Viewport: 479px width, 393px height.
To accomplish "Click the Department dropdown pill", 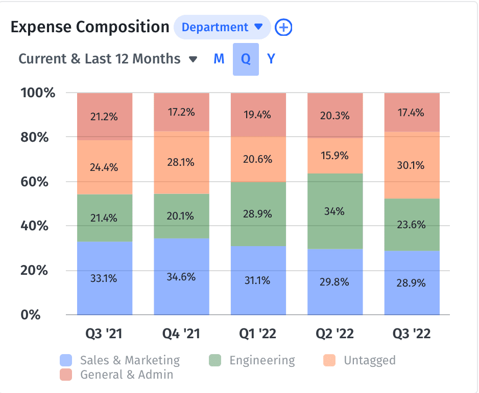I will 222,27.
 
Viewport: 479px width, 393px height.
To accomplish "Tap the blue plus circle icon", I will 283,27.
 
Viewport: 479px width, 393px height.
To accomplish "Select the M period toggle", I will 219,59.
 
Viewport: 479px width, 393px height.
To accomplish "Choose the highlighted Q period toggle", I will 246,59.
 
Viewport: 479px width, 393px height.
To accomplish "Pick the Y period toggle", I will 271,59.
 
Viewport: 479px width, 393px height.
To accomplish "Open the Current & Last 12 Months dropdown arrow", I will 193,59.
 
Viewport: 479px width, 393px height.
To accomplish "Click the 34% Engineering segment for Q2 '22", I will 335,211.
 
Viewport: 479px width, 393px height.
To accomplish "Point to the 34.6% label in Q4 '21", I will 181,277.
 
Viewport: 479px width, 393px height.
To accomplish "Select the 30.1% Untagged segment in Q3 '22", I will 412,165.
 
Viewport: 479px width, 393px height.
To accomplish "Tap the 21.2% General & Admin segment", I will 105,117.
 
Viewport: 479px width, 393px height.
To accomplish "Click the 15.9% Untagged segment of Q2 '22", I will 335,155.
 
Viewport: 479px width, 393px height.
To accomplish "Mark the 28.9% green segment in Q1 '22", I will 258,214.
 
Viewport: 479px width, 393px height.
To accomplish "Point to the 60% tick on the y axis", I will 37,182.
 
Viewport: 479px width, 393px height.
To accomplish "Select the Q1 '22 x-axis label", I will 258,334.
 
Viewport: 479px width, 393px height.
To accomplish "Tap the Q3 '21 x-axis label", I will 105,334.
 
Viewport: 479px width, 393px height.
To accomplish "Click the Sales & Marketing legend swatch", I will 66,361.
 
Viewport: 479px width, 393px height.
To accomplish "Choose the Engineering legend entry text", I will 262,360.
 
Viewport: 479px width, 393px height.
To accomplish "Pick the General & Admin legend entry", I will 127,375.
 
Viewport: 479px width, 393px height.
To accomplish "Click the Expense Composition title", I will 90,27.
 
